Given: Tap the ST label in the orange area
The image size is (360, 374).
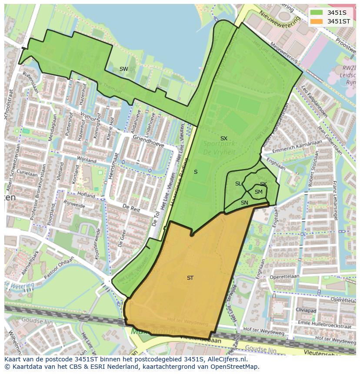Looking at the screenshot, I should [190, 278].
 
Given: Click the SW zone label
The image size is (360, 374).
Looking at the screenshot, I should [124, 69].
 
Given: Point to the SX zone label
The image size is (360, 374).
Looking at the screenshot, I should [223, 139].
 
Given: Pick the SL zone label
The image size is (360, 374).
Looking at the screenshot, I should [238, 184].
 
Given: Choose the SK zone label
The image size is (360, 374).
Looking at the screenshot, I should [263, 184].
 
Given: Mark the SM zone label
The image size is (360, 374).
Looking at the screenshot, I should [258, 192].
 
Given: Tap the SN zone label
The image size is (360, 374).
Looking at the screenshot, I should [244, 203].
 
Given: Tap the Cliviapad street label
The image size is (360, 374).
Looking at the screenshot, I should [306, 310].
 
